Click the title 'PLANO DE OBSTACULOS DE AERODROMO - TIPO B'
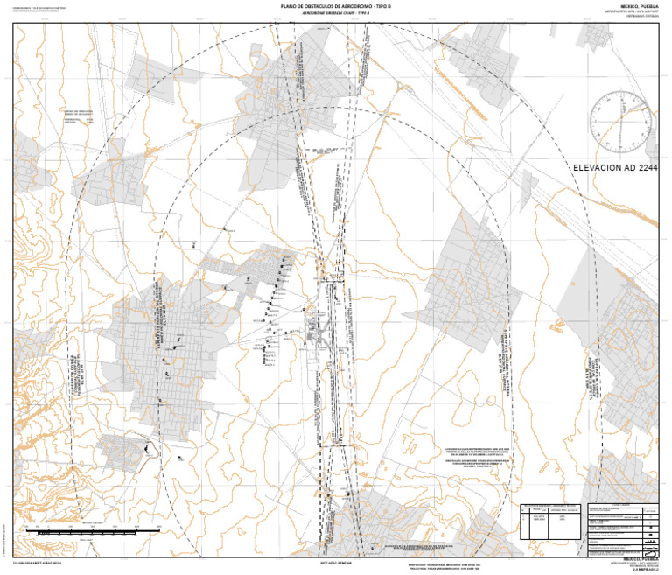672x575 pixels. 336,6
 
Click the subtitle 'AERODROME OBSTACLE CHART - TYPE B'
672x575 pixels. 336,14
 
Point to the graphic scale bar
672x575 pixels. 83,530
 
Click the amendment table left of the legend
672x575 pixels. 551,525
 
